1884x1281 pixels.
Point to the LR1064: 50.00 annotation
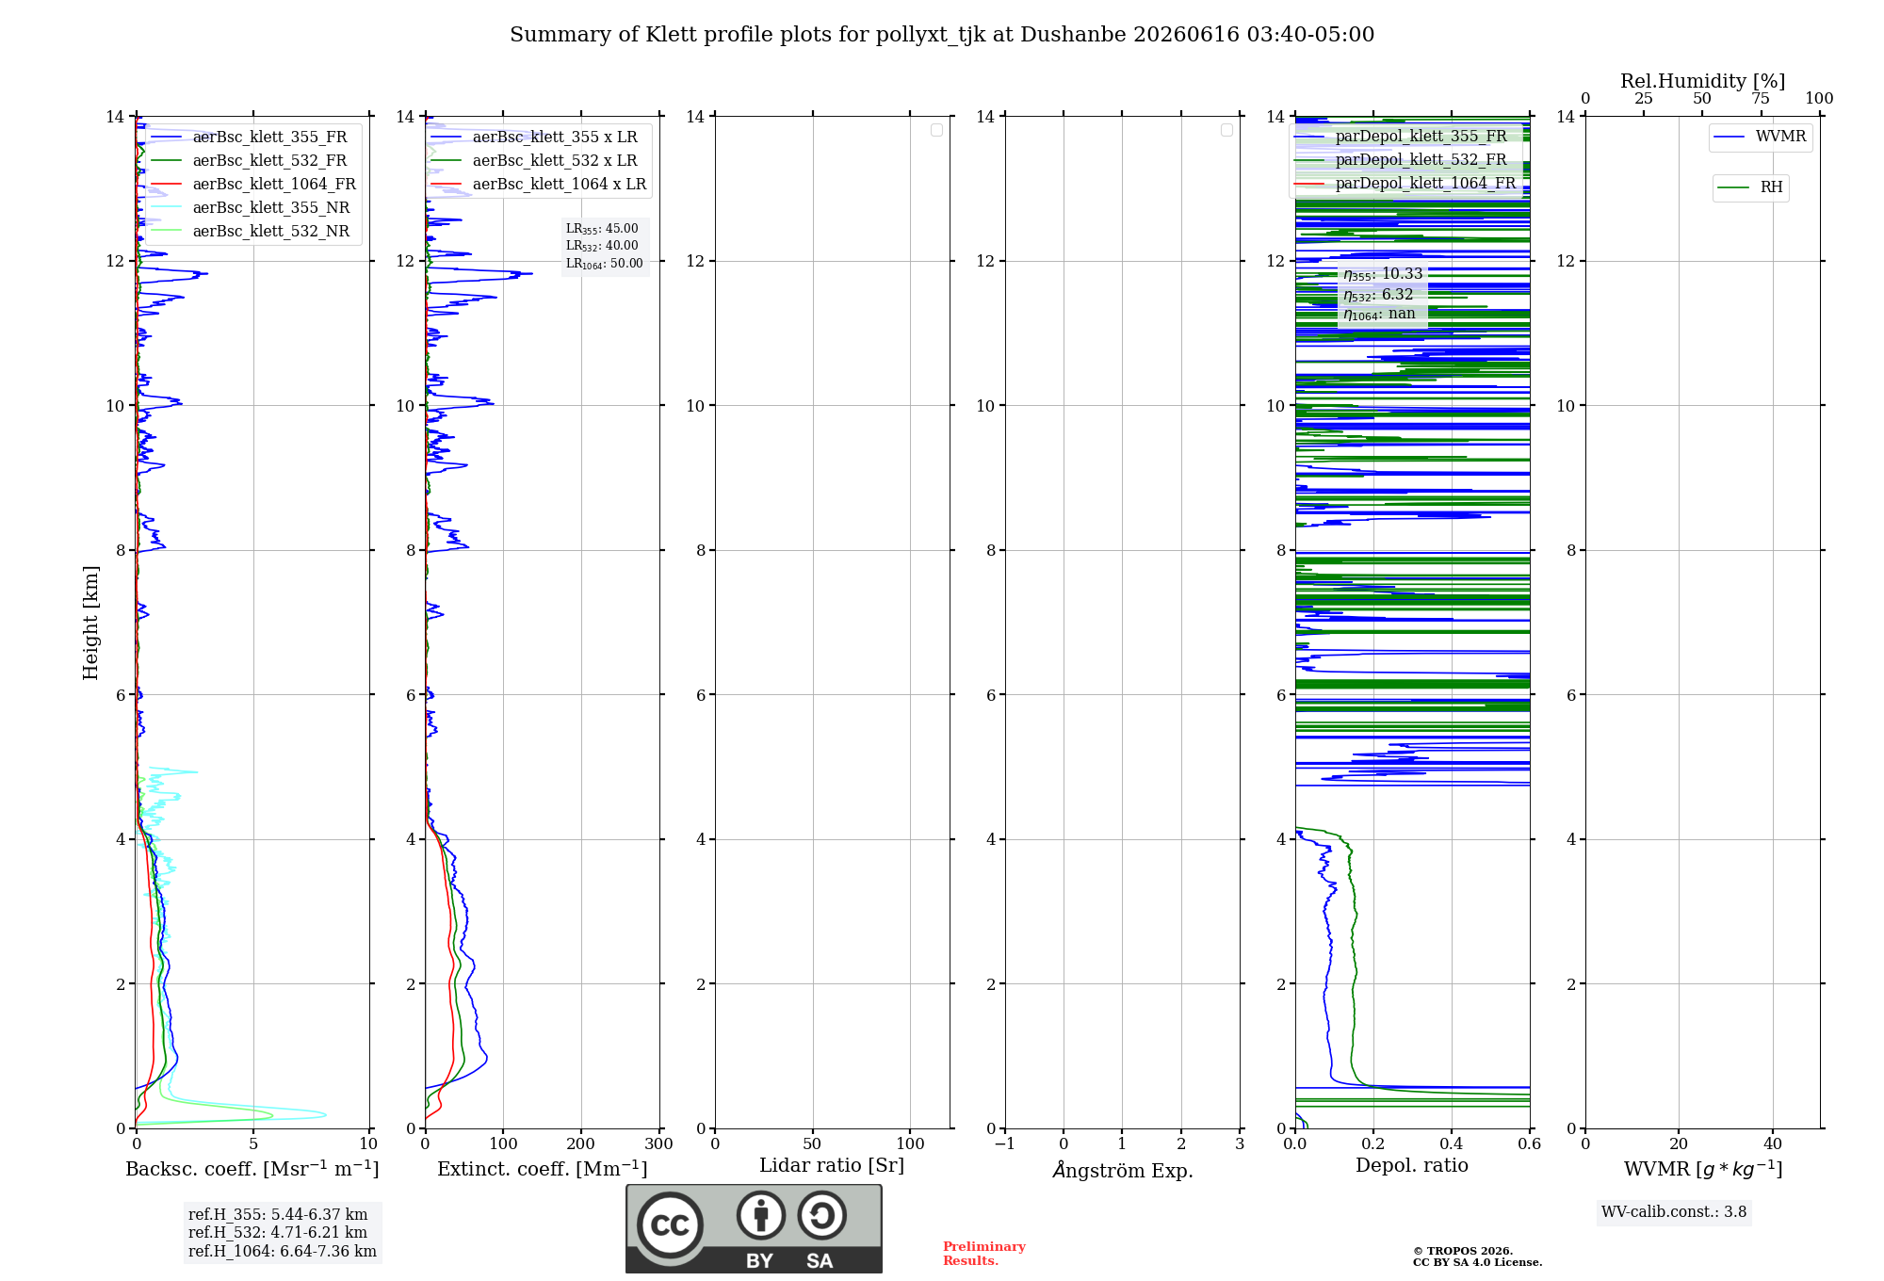click(x=605, y=264)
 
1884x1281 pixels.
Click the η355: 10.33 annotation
click(x=1383, y=274)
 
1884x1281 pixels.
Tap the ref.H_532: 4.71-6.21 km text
click(x=278, y=1232)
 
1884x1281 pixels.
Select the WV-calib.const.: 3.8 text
click(x=1674, y=1211)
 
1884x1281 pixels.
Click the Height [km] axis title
click(x=90, y=623)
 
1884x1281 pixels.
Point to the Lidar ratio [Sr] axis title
click(x=832, y=1166)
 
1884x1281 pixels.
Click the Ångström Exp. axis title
click(x=1123, y=1170)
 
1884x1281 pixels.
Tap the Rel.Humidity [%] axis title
click(x=1703, y=81)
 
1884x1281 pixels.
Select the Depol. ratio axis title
click(x=1412, y=1165)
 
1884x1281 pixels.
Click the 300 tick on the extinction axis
click(x=658, y=1143)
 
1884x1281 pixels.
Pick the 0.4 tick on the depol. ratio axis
click(x=1452, y=1143)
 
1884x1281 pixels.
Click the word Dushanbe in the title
click(x=1073, y=35)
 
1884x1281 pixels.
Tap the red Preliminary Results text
click(x=984, y=1254)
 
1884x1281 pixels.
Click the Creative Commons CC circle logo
click(x=670, y=1224)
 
